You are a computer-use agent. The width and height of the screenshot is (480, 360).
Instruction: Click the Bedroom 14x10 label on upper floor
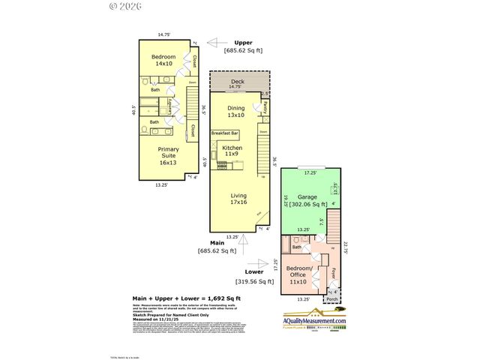[163, 61]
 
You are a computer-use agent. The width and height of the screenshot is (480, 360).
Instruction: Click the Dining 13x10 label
[236, 112]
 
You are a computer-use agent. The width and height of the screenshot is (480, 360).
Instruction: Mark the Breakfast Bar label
[225, 133]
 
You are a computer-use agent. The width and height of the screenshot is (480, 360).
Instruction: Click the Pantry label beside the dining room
[266, 108]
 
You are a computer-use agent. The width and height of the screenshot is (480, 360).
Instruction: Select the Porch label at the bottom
[331, 300]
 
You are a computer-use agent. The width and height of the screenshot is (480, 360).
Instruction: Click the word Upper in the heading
[243, 42]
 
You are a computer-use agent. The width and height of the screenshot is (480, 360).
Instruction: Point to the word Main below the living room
[217, 242]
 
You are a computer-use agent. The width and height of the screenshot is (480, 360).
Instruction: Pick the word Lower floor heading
[254, 272]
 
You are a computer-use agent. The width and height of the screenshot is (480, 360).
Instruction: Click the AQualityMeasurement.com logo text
[315, 322]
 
